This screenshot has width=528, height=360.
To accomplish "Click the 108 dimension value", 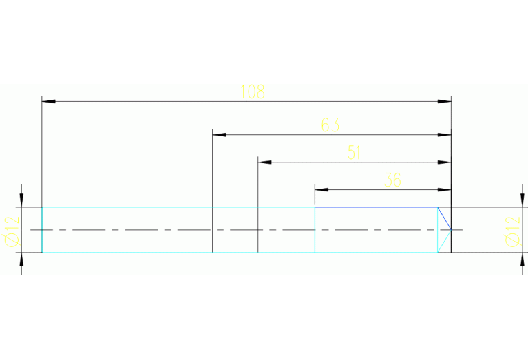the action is [x=252, y=92].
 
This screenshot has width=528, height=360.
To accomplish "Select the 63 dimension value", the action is [x=330, y=125].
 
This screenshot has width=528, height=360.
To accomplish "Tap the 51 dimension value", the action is [x=354, y=153].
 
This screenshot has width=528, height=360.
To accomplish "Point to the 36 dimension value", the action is [x=392, y=180].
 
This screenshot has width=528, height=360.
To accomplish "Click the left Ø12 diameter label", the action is [x=12, y=230].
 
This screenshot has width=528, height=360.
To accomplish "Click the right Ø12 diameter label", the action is [x=511, y=230].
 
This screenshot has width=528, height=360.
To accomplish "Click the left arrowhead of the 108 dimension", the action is [x=48, y=101].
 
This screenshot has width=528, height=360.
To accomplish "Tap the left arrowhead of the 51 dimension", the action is [x=264, y=162].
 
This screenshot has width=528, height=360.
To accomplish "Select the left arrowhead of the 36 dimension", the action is [x=321, y=189].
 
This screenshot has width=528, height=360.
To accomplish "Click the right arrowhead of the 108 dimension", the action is [x=445, y=101].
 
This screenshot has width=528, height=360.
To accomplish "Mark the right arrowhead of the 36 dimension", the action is [x=445, y=189].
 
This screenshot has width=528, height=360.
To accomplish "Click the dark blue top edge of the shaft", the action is [x=375, y=207].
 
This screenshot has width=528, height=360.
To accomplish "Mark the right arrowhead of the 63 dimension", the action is [x=445, y=134].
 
